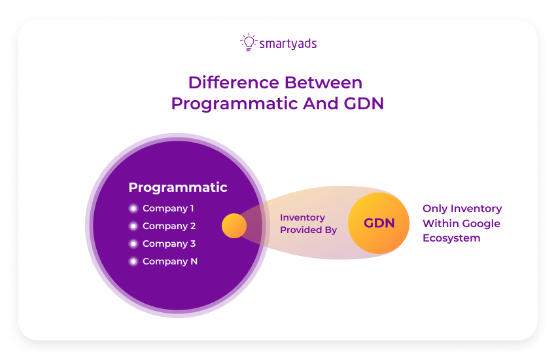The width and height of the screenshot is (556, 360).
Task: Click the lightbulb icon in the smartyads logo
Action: [249, 43]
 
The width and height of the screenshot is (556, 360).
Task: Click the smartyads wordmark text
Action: [288, 44]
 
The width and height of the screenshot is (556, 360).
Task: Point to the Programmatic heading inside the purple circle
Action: [178, 187]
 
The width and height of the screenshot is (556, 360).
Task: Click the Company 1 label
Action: [168, 208]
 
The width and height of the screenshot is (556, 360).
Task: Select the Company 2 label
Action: [169, 226]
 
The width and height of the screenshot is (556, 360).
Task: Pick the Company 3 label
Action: [169, 243]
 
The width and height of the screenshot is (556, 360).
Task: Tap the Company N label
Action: [169, 261]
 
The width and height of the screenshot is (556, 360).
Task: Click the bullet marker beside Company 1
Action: [133, 209]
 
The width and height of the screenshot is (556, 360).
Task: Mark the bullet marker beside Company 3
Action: [133, 243]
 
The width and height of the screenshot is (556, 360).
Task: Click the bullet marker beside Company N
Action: [133, 261]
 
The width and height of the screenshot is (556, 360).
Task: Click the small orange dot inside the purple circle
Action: [234, 226]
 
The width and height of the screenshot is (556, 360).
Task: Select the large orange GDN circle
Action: [379, 223]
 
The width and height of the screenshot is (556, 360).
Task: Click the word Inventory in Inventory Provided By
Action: [302, 217]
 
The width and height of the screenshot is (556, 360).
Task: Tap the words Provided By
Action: [308, 230]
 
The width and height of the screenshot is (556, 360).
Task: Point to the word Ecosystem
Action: [451, 238]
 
